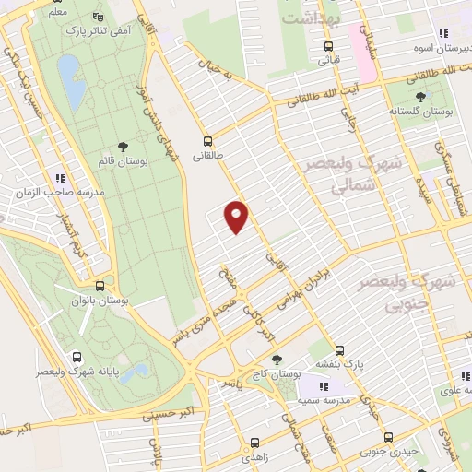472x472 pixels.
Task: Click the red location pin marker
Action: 237,217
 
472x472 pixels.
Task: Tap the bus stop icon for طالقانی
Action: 207,142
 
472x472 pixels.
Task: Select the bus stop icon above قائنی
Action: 329,47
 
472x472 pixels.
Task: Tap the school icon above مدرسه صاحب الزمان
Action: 60,177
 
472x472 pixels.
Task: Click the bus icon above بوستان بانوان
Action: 100,286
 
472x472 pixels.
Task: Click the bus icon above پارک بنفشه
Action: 339,350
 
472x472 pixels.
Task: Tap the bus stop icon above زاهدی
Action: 254,442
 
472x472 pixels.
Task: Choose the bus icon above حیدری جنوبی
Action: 388,437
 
